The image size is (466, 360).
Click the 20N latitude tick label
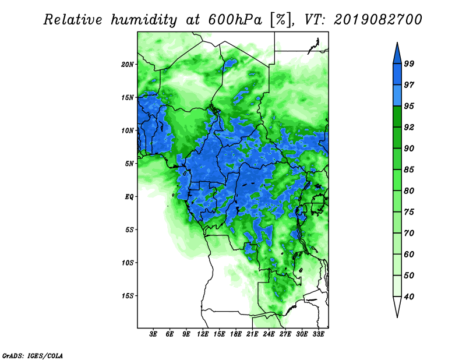[128, 65]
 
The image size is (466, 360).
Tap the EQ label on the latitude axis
[129, 197]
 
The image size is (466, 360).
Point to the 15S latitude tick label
[128, 296]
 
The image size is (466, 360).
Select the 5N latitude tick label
[129, 164]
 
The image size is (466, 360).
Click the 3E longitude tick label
[153, 334]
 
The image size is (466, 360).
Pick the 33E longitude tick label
[318, 334]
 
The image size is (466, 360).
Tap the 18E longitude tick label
[236, 334]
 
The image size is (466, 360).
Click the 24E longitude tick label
[269, 334]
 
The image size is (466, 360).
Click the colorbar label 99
[409, 63]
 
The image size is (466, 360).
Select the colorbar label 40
[409, 297]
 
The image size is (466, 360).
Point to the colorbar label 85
[409, 170]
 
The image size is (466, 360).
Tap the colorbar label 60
[409, 254]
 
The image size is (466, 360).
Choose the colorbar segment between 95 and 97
[397, 96]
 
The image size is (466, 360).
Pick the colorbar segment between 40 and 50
[397, 286]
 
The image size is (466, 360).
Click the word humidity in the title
[144, 20]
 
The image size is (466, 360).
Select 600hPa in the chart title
[235, 20]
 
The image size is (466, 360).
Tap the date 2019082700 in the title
[377, 20]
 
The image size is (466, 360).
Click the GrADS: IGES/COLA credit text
[33, 355]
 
